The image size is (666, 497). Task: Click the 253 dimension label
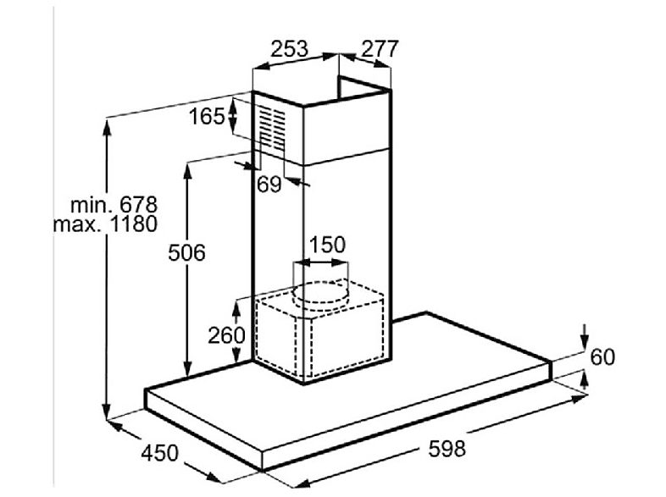tap(289, 49)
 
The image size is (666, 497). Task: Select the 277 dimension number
tap(380, 49)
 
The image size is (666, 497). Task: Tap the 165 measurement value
tap(207, 116)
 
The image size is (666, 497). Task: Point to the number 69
tap(269, 185)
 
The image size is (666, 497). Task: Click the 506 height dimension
tap(186, 252)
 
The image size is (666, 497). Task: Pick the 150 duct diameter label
tap(327, 245)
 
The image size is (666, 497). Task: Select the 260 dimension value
tap(226, 335)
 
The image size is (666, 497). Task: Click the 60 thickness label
tap(602, 357)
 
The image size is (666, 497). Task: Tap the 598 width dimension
tap(447, 448)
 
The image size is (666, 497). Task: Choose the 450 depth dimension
tap(159, 453)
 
